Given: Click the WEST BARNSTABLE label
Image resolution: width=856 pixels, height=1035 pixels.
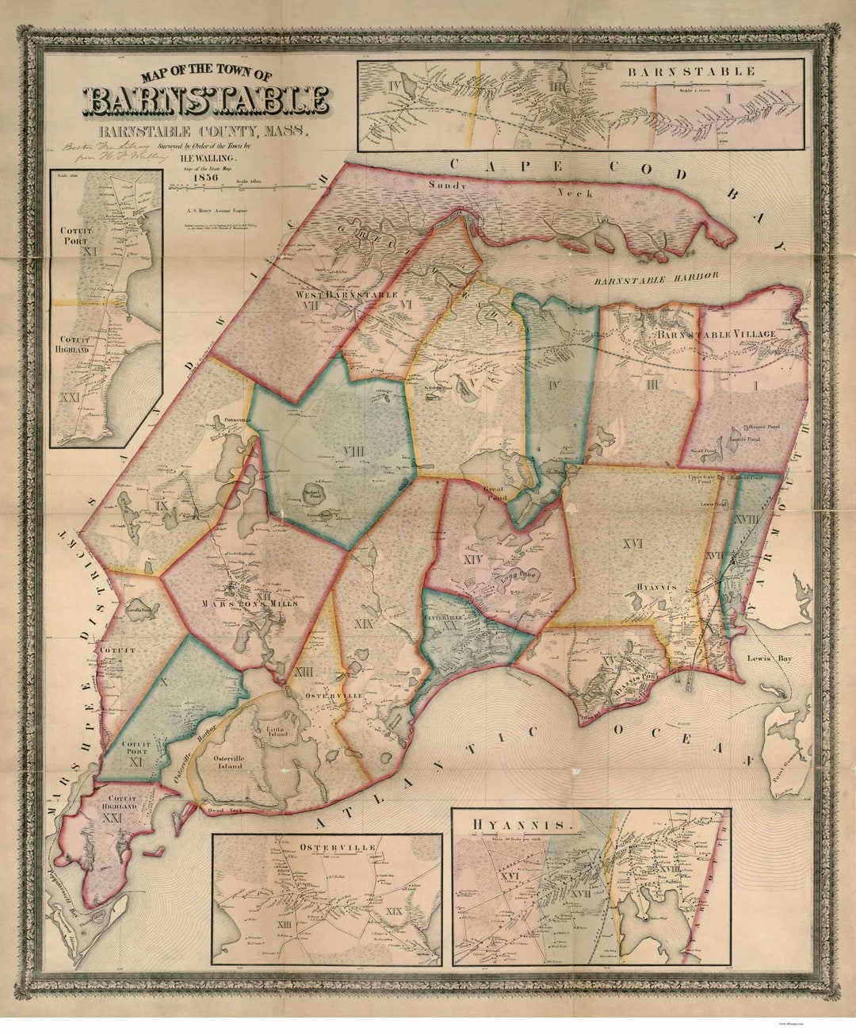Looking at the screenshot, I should click(x=346, y=295).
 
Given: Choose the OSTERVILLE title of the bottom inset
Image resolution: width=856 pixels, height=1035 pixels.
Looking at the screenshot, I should click(x=327, y=847).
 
